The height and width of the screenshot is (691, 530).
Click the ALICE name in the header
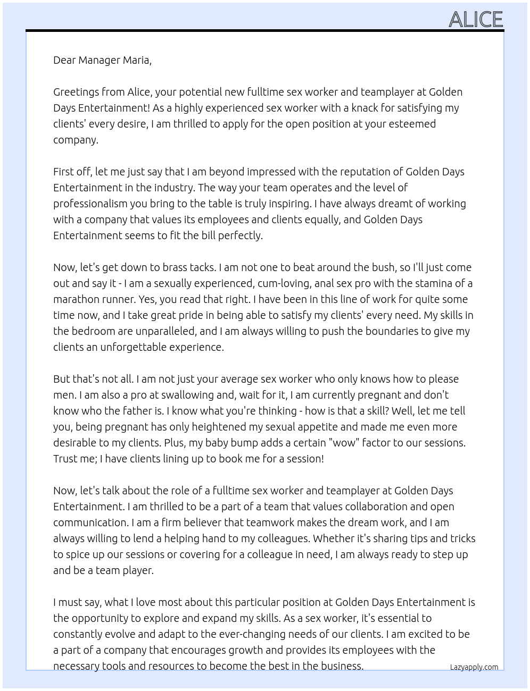476,19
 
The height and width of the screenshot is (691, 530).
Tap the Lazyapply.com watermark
474,667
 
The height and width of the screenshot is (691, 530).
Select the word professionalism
90,204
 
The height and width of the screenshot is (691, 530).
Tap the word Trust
67,459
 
